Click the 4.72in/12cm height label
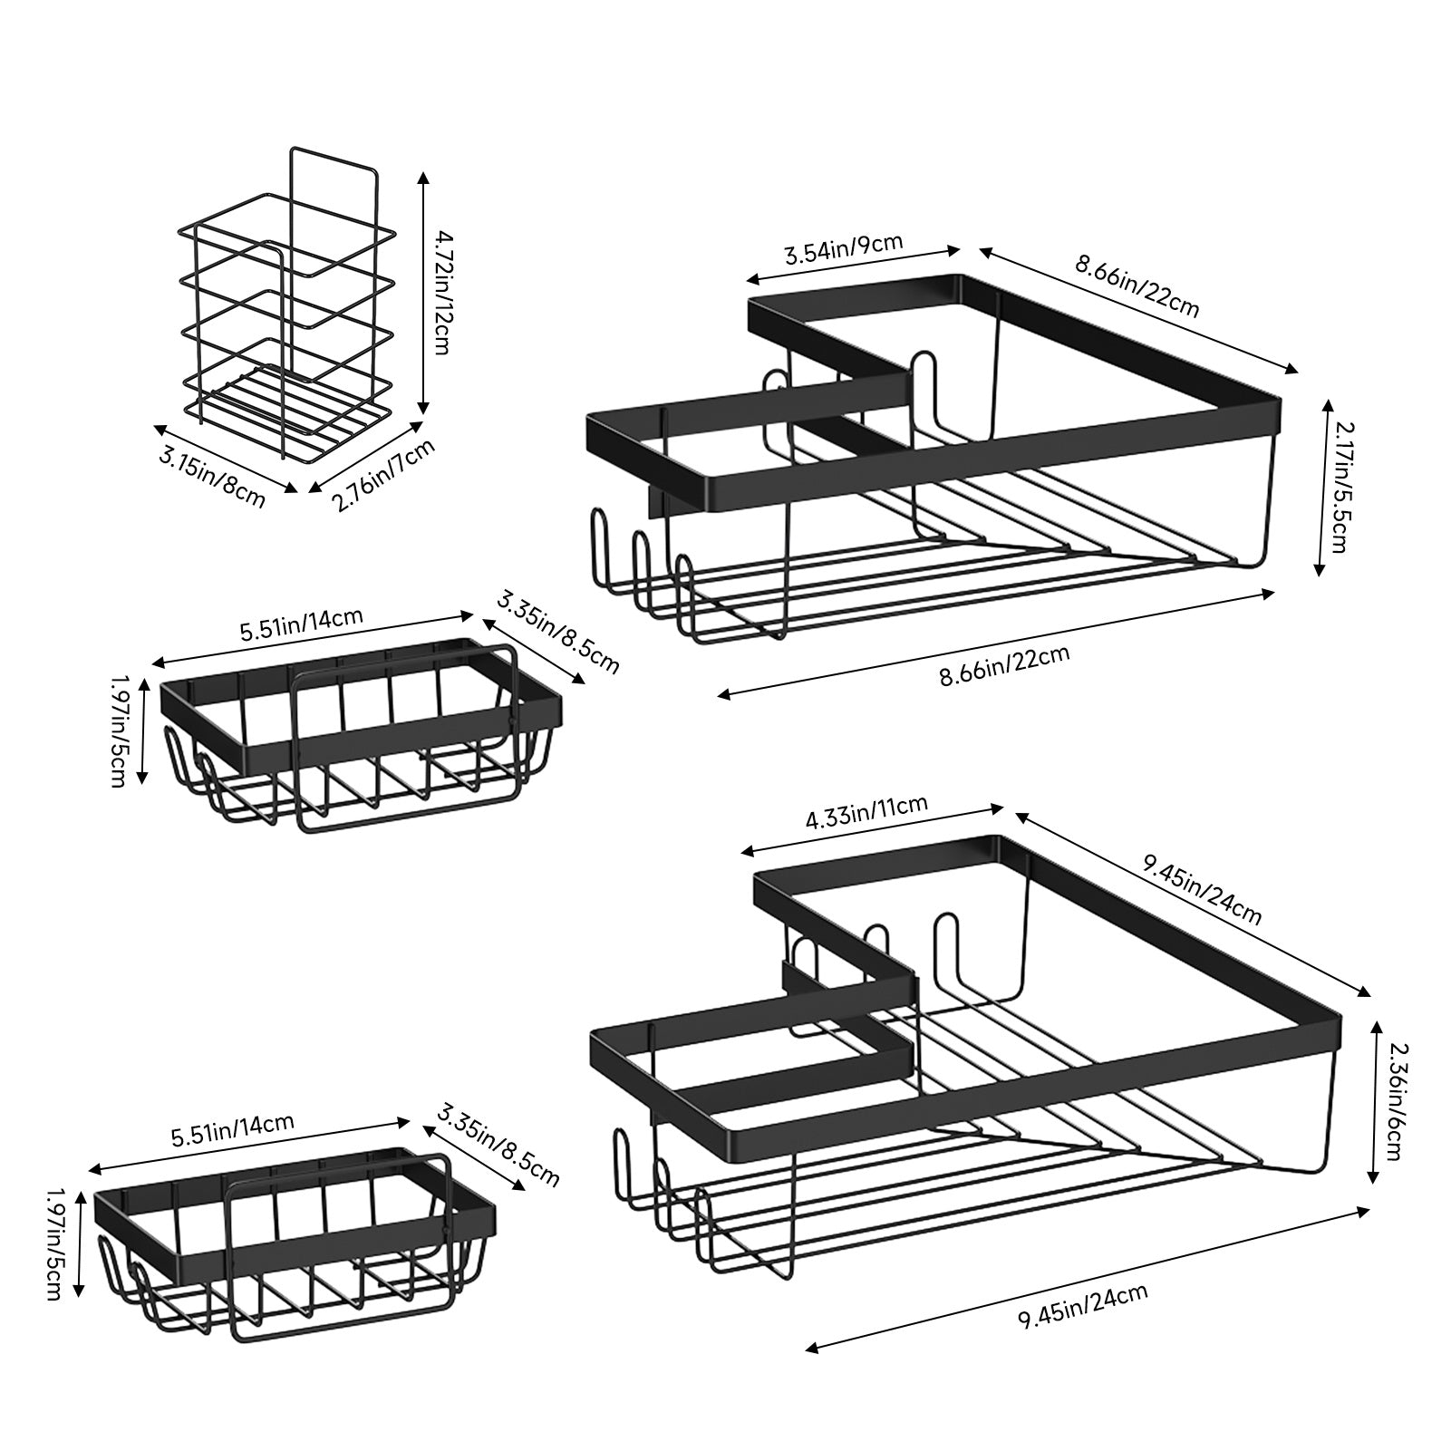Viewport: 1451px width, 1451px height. (x=441, y=291)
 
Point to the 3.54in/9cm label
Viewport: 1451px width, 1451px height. (x=843, y=247)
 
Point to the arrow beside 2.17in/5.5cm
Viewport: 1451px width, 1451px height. (x=1320, y=487)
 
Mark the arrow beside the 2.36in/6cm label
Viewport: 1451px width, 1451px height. (x=1374, y=1100)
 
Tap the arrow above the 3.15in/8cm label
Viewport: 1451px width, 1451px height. (x=224, y=459)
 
